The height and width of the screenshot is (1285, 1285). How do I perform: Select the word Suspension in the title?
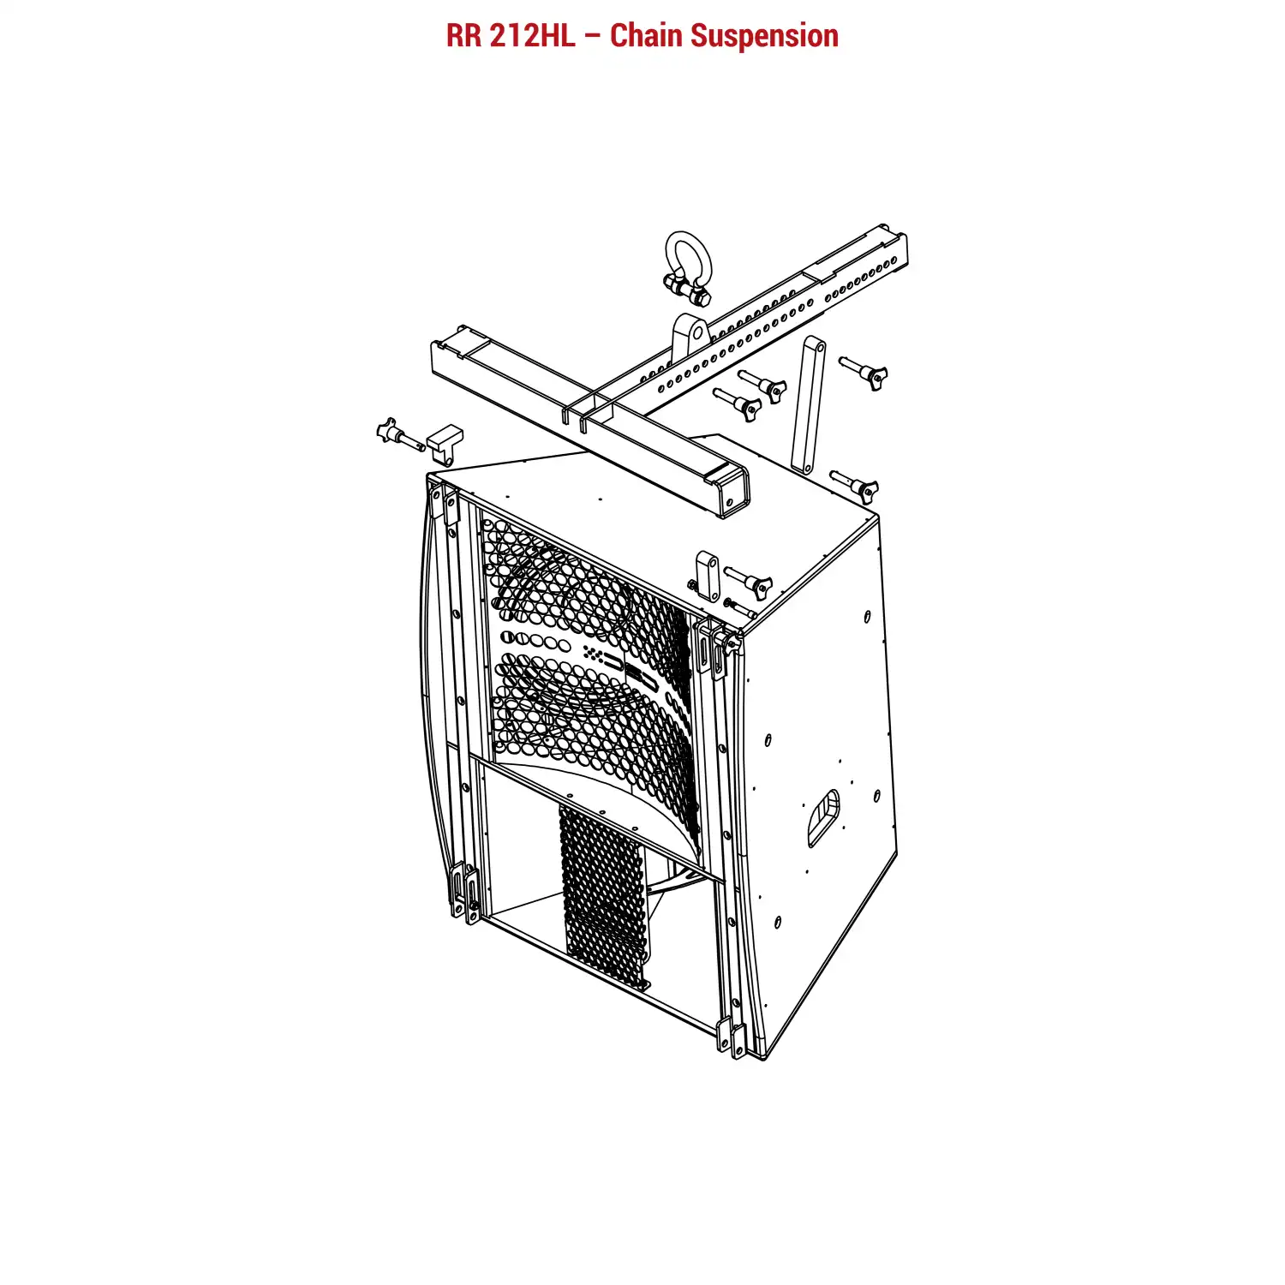pos(765,37)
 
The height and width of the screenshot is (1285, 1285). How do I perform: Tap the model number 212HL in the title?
pos(533,36)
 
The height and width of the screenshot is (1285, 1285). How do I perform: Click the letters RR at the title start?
pos(464,36)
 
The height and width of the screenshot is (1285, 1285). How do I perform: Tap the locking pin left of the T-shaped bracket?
pos(399,433)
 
